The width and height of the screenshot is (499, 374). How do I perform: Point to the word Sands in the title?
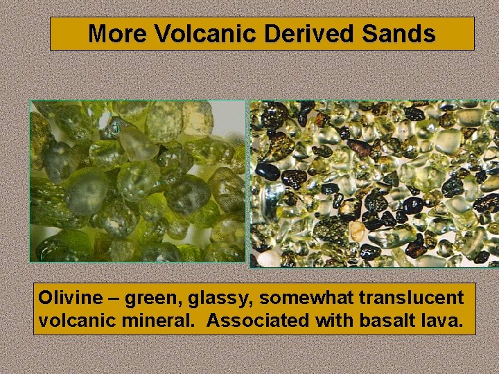tap(400, 33)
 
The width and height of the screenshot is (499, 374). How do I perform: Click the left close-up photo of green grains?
tap(137, 181)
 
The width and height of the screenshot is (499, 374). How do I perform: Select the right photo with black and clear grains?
tap(374, 184)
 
